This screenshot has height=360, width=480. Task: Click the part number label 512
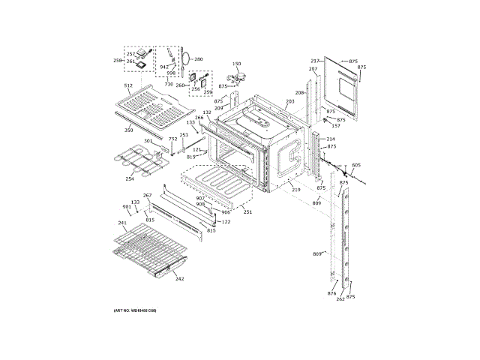point(128,87)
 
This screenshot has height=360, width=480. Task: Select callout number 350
point(128,130)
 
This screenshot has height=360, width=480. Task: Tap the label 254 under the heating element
point(130,179)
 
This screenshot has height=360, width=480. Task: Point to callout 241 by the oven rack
point(121,223)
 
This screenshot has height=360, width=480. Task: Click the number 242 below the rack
point(179,279)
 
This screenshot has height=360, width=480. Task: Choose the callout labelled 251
point(247,212)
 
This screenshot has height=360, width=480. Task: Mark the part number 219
point(296,190)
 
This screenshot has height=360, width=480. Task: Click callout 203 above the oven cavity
point(289,102)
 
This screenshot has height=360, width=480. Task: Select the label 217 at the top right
point(315,61)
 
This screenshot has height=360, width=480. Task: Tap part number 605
point(355,165)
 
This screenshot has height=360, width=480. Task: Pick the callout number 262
point(340,299)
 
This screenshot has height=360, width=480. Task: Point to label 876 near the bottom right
point(331,293)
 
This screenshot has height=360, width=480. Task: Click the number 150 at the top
point(236,64)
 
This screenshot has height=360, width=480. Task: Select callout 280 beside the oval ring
point(199,58)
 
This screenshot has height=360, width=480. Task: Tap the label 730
point(169,84)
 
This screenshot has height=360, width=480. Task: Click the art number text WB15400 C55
point(135,310)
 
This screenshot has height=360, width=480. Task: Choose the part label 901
point(126,207)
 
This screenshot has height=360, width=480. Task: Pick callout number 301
point(148,141)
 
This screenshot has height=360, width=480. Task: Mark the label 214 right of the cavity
point(331,139)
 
